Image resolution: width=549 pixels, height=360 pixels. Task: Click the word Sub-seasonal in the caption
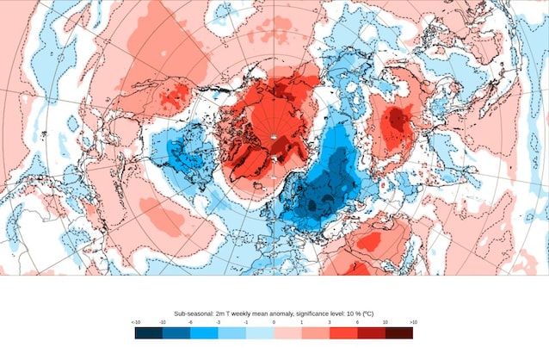(x=193, y=315)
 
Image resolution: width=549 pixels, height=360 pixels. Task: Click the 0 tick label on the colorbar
(x=274, y=322)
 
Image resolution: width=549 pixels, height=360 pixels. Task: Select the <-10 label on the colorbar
(x=136, y=322)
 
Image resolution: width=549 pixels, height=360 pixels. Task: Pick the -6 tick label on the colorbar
(x=190, y=322)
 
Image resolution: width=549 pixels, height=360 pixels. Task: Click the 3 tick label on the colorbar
(x=329, y=322)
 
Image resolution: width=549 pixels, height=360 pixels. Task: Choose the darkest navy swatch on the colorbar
(x=148, y=332)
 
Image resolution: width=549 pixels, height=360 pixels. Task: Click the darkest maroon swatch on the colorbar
(x=399, y=332)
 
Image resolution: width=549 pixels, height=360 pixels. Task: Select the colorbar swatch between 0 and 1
(x=287, y=332)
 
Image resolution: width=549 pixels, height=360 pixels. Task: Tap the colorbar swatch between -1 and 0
(x=260, y=332)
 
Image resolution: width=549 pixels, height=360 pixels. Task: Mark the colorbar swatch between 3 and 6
(x=343, y=332)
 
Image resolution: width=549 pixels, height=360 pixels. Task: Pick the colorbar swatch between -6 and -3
(x=204, y=332)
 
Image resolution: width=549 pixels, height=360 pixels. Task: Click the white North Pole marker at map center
(x=274, y=136)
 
